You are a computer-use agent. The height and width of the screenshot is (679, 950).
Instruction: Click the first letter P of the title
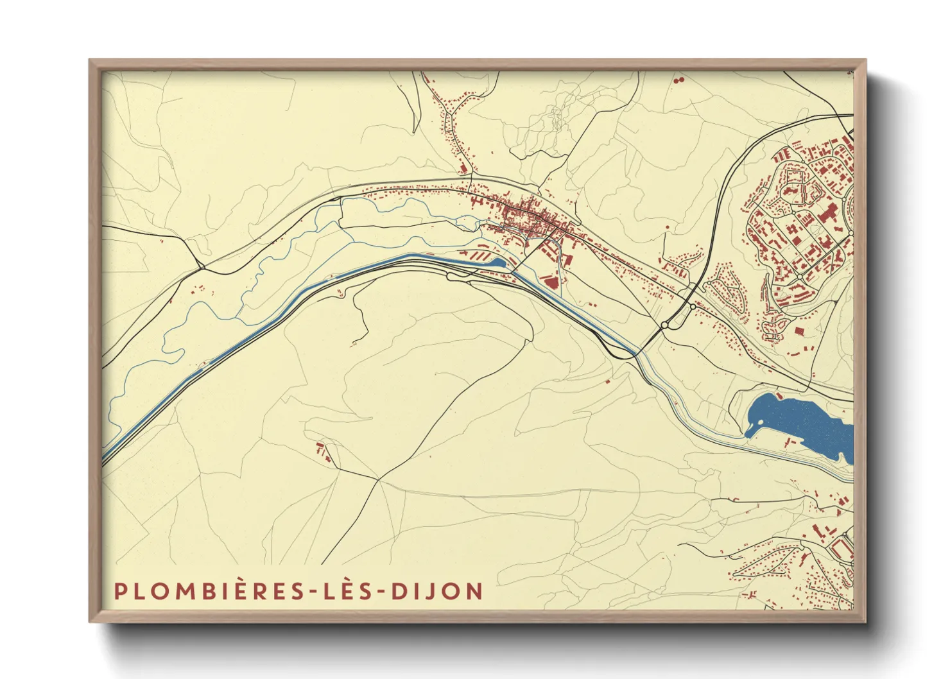pos(119,591)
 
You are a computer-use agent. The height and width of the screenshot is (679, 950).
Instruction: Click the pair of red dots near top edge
pos(678,81)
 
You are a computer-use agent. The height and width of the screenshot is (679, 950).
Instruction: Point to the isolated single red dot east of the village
pos(668,227)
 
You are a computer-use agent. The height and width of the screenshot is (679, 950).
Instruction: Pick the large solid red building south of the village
pos(549,280)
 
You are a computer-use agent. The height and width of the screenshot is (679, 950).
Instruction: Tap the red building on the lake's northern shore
pos(779,396)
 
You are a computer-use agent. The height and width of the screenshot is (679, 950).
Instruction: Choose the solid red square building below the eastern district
pos(799,331)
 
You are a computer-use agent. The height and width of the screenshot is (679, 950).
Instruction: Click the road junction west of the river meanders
pos(201,266)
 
